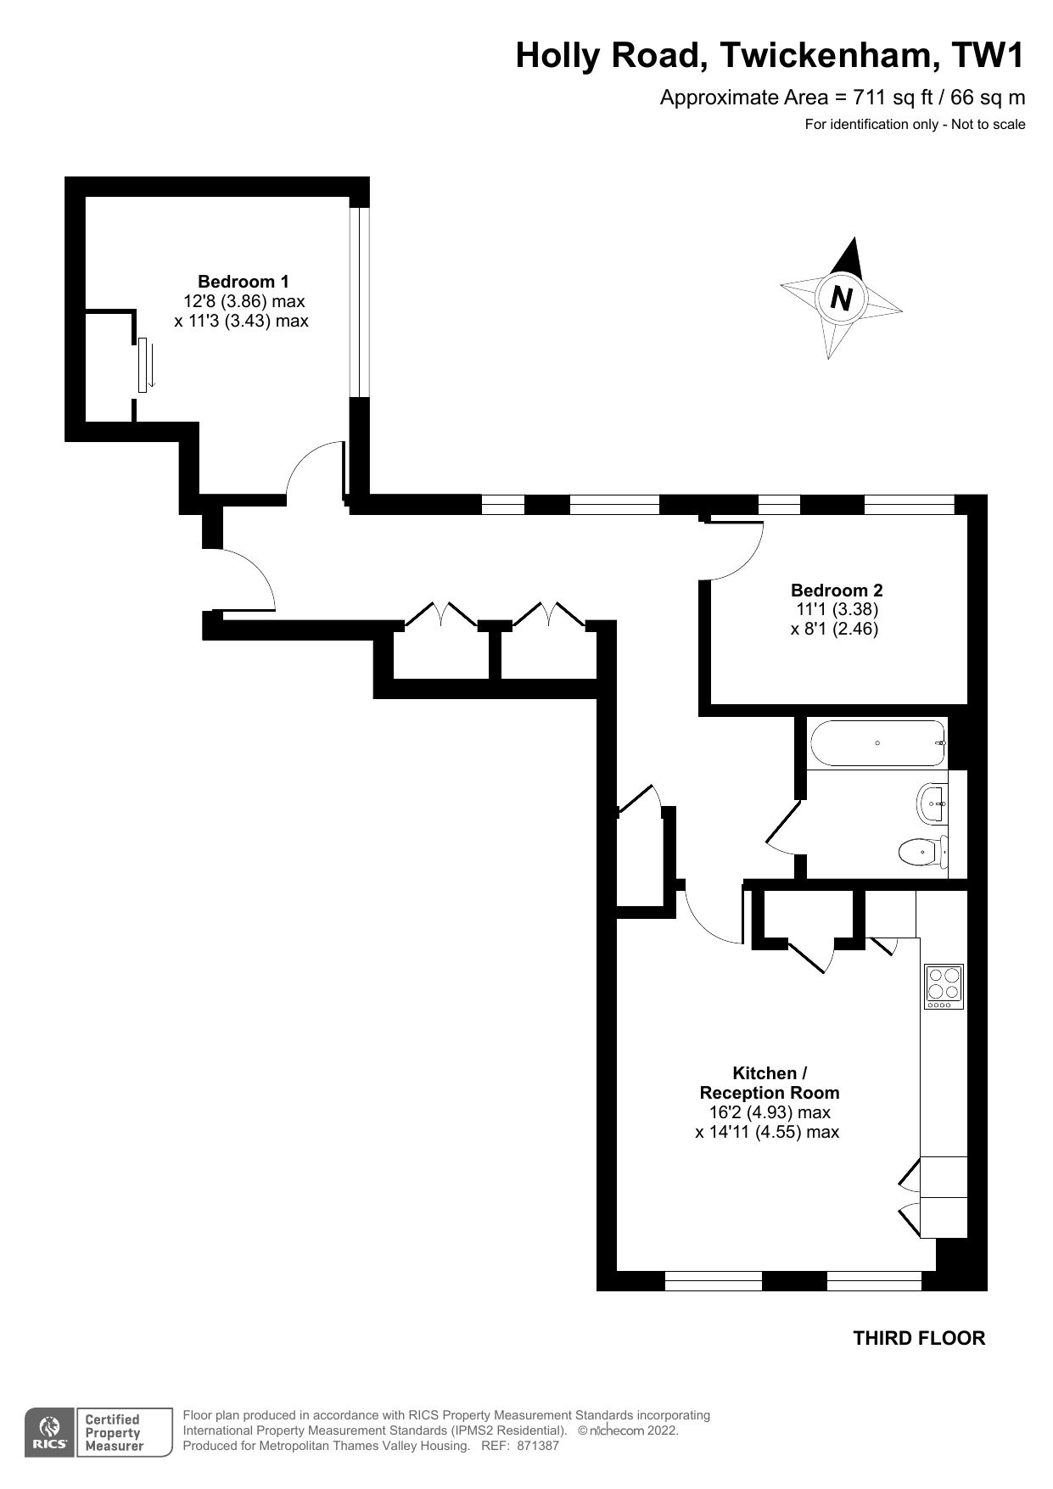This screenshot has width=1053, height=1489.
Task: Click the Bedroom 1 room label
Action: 243,282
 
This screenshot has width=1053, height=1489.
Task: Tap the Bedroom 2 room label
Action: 836,591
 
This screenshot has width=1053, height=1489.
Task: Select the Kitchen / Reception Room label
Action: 769,1083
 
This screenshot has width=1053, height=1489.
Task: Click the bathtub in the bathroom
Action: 877,743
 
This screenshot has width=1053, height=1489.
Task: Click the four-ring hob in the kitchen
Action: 944,987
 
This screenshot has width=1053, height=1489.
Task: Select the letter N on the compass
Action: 841,298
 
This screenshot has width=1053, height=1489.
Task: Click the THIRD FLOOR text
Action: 919,1339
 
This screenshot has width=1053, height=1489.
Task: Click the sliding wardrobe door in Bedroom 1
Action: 143,365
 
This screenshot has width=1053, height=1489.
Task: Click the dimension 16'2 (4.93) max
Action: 769,1112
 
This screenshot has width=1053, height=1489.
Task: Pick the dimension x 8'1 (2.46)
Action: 833,630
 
